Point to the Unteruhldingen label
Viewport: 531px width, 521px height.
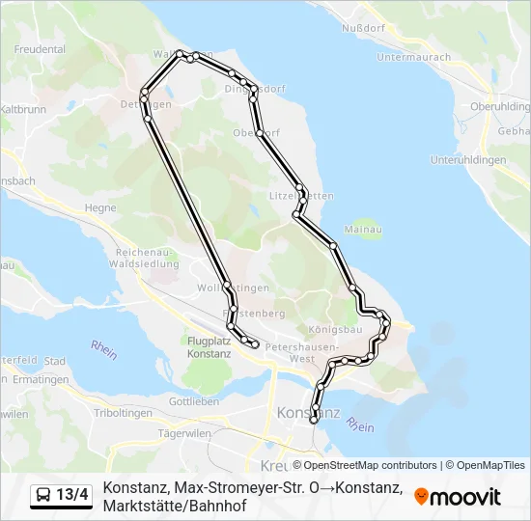tap(468, 159)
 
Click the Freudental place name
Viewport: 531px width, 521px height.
tap(40, 47)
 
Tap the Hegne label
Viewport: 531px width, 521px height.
tap(100, 207)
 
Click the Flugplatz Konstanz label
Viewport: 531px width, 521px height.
tap(210, 347)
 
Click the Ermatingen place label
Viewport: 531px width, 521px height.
tap(44, 380)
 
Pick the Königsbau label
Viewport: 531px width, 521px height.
tap(336, 329)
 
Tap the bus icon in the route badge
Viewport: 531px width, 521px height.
tap(44, 495)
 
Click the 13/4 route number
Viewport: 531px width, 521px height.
tap(72, 495)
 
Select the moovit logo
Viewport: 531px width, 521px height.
tap(458, 496)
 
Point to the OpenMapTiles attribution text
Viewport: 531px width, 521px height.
tap(486, 465)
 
